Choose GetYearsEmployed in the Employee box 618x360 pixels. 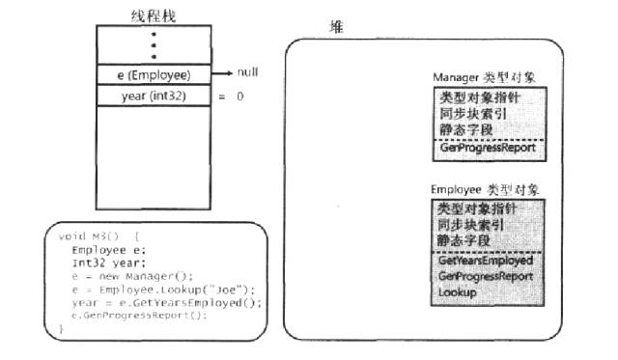click(x=484, y=261)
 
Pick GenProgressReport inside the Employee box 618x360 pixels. click(x=486, y=275)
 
